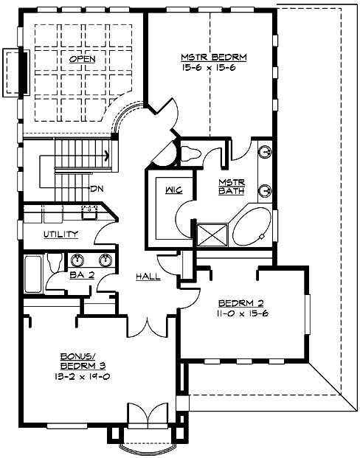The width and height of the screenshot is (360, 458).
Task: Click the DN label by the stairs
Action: (x=96, y=189)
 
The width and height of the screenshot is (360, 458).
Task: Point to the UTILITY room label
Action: (x=60, y=235)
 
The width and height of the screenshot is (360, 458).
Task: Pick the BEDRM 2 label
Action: (x=240, y=302)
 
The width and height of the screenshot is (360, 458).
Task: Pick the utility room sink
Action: (x=89, y=212)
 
